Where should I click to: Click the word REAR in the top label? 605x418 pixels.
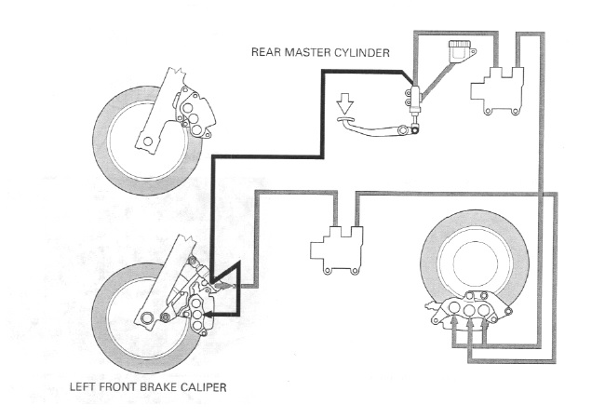[267, 52]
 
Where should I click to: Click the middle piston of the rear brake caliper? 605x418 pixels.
[469, 309]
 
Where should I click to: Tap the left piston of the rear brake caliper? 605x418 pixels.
[451, 309]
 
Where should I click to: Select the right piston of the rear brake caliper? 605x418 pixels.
[486, 309]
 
